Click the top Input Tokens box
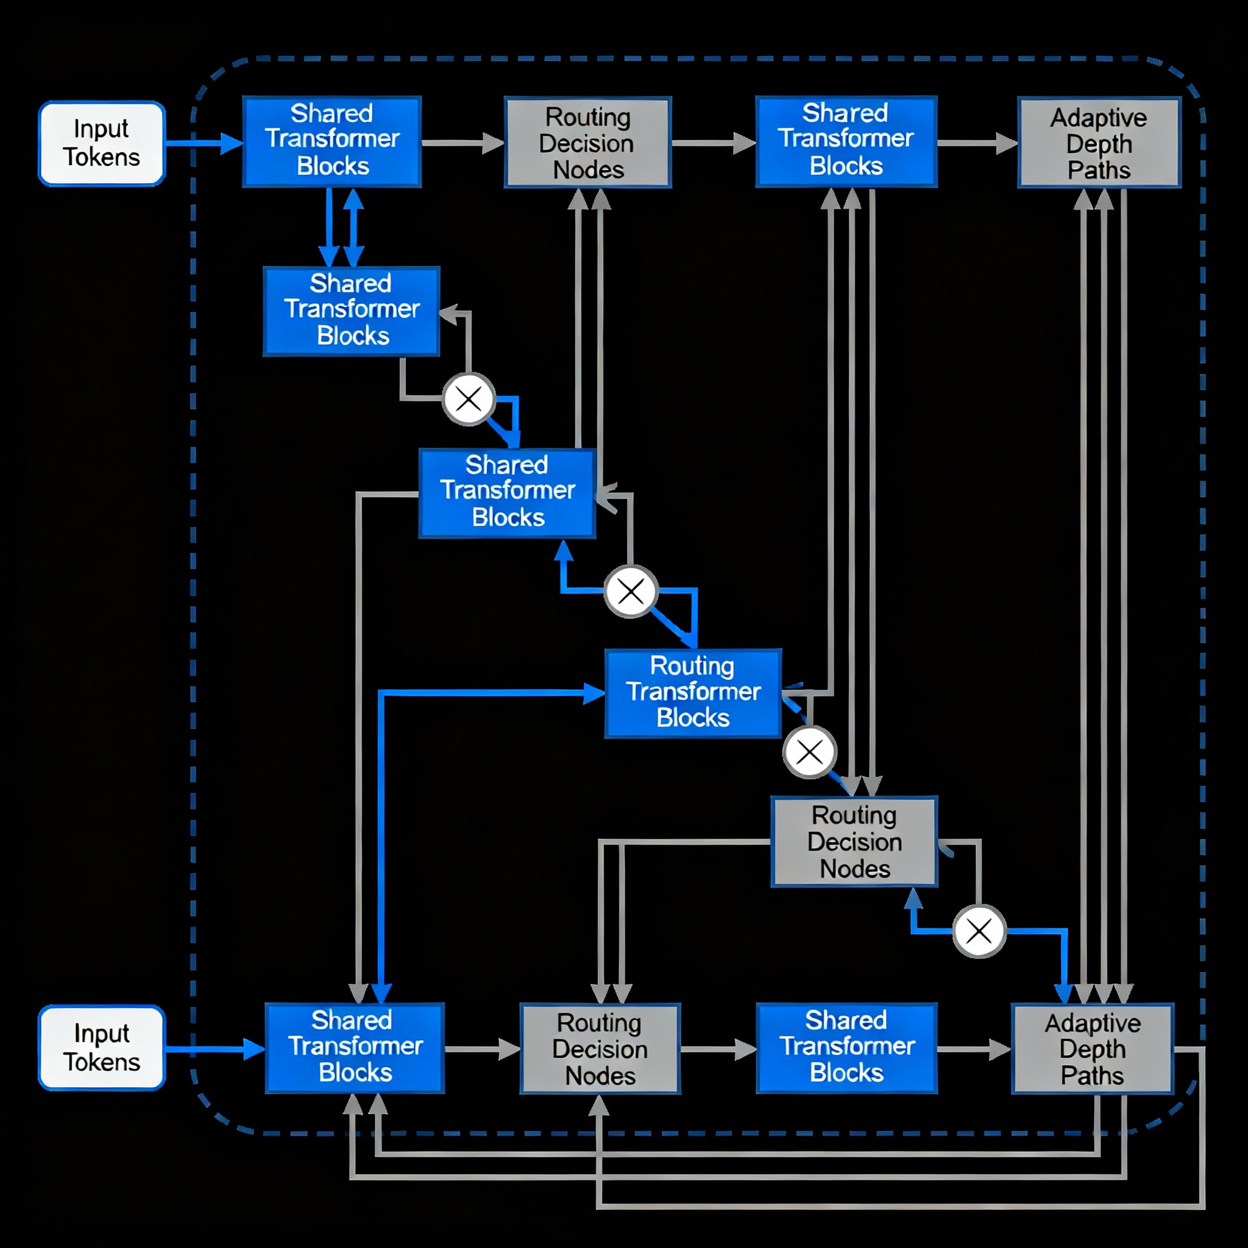coord(102,143)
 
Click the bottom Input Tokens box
coord(102,1047)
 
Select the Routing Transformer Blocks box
coord(693,692)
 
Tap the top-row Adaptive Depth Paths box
coord(1099,143)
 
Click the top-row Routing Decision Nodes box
coord(587,143)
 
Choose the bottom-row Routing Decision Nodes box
coord(600,1048)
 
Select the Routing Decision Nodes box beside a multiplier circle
coord(854,842)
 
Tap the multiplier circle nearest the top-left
coord(469,399)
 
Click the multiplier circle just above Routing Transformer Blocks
coord(631,591)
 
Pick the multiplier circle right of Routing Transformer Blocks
coord(809,752)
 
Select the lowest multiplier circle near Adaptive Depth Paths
coord(979,932)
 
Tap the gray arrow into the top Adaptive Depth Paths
coord(977,143)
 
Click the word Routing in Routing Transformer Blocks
coord(692,665)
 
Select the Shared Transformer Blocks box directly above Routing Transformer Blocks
coord(507,494)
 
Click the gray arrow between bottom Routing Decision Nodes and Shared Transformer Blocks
coord(717,1049)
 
